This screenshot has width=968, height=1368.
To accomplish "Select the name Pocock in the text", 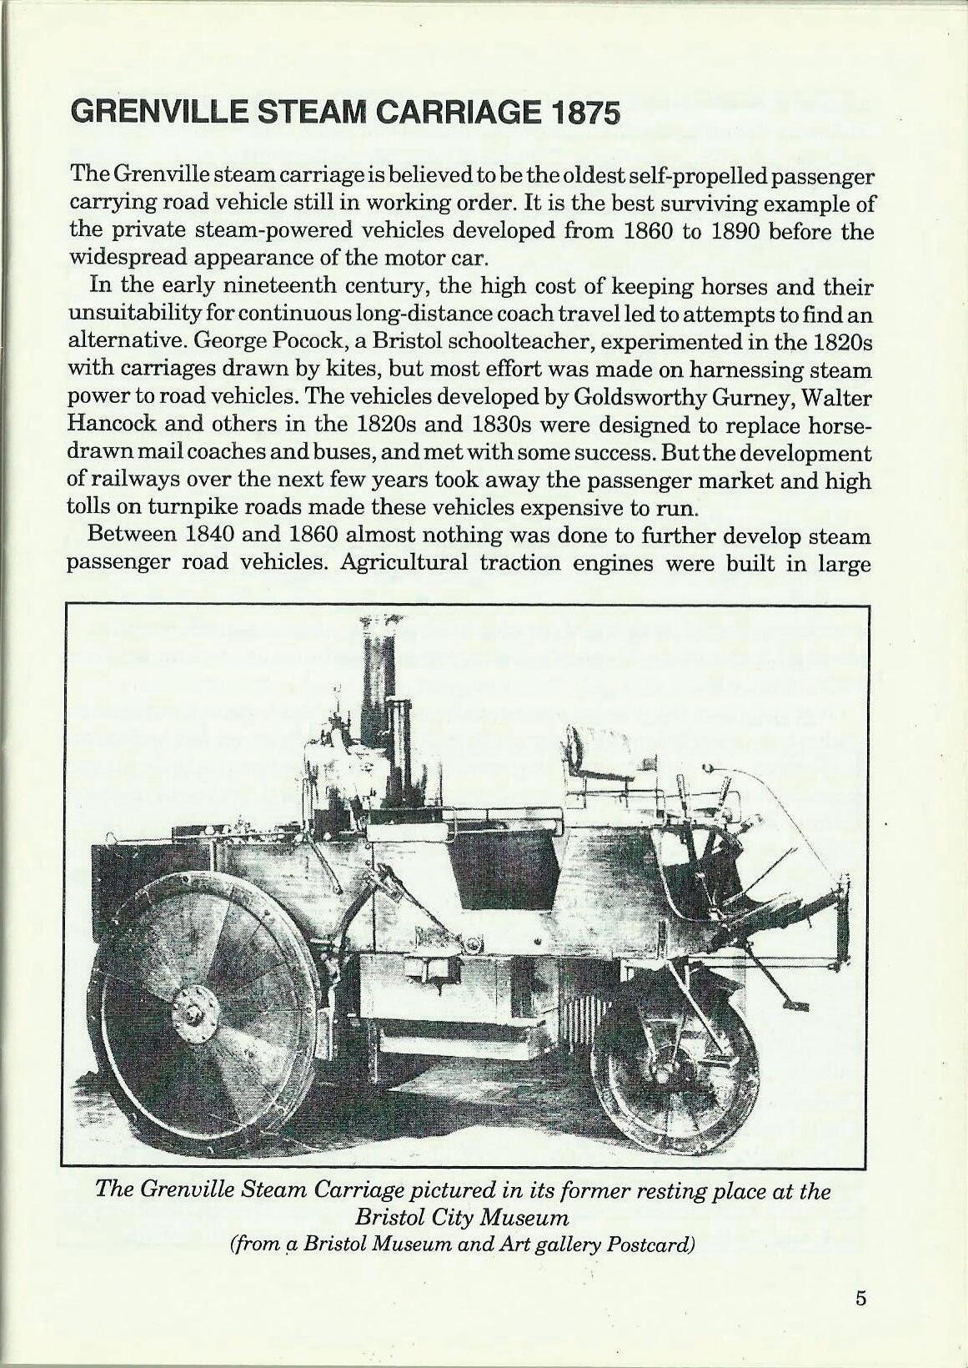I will click(289, 342).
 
